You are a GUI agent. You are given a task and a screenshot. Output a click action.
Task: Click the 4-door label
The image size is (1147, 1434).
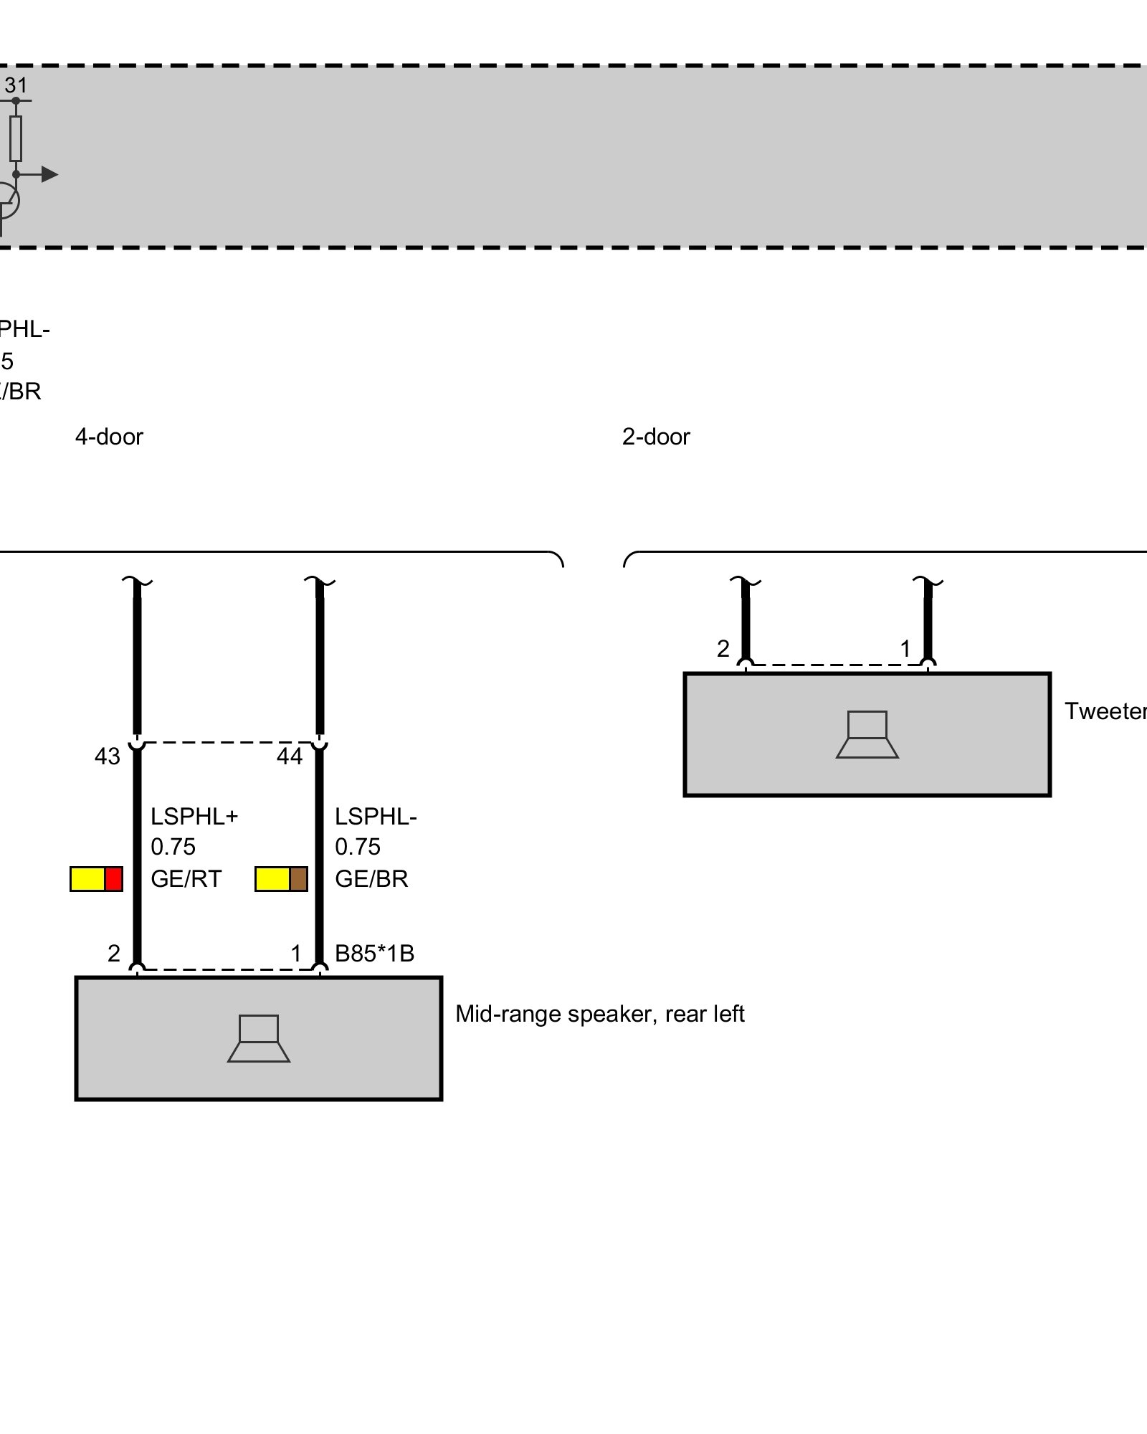(x=109, y=437)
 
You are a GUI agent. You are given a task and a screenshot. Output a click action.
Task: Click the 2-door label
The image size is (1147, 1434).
(x=655, y=437)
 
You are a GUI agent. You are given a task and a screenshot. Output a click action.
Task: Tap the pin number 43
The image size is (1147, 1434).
(x=108, y=756)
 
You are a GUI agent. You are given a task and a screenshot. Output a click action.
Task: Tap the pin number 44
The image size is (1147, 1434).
(x=290, y=756)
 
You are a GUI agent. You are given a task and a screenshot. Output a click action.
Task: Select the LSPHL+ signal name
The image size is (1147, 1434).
(x=194, y=817)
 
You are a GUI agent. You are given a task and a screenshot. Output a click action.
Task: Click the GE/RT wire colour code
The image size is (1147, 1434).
(x=186, y=879)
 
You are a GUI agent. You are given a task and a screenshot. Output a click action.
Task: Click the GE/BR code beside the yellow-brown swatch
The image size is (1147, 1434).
(x=371, y=879)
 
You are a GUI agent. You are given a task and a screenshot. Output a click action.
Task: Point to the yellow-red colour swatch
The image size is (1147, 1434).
(x=96, y=879)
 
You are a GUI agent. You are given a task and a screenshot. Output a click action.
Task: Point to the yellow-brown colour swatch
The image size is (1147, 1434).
(x=281, y=879)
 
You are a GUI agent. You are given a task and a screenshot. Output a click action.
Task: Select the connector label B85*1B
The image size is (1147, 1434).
(x=374, y=954)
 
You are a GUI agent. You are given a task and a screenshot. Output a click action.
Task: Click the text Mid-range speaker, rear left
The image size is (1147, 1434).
(x=599, y=1014)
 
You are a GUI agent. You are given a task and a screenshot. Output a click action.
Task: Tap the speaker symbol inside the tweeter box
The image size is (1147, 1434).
(x=867, y=734)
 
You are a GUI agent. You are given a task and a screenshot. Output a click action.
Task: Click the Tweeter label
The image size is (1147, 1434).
(x=1105, y=711)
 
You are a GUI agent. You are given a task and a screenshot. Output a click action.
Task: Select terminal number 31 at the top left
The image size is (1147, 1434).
(x=16, y=86)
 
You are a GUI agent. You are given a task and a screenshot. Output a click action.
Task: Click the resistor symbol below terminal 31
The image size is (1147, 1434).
(x=16, y=138)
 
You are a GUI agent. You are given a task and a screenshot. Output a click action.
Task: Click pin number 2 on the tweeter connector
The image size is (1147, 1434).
(x=723, y=649)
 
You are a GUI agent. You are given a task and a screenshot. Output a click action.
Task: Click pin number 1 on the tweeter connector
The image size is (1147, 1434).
(x=905, y=649)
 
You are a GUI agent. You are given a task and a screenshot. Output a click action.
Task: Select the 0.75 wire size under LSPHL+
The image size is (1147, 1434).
(x=173, y=847)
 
